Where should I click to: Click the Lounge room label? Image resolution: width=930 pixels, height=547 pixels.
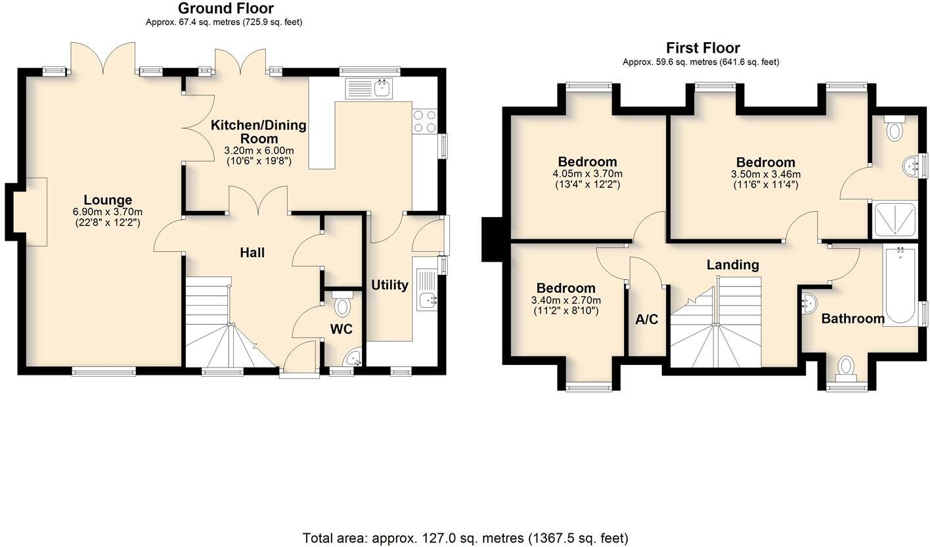[108, 200]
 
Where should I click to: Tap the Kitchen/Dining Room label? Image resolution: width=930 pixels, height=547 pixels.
[258, 131]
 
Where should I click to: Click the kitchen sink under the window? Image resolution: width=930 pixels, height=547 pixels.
[368, 88]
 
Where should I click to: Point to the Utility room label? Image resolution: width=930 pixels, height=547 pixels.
[389, 285]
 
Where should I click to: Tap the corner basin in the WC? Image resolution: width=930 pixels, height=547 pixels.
[354, 358]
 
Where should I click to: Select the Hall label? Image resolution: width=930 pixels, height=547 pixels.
[252, 252]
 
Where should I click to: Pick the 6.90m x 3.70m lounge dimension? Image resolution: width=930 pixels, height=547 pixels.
[108, 212]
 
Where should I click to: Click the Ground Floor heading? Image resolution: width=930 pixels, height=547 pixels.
[225, 9]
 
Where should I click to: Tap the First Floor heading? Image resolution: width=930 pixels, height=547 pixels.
[703, 48]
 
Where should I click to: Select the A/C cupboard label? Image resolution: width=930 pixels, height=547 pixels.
[646, 320]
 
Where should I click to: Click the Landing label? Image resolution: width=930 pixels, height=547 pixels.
[732, 264]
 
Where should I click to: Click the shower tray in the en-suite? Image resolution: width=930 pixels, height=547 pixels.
[894, 220]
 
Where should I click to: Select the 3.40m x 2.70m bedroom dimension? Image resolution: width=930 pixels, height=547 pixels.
[565, 300]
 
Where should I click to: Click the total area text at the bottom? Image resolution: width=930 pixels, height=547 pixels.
[465, 538]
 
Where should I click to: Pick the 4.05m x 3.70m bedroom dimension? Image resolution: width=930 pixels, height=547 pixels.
[587, 174]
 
